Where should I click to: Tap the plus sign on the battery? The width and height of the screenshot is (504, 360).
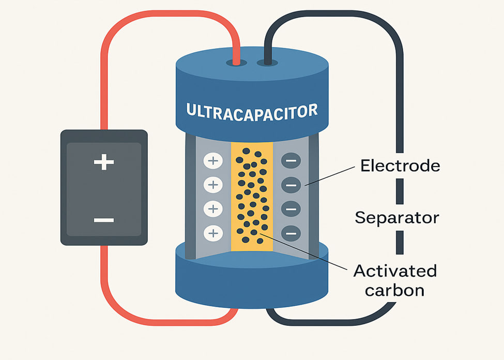click(x=104, y=163)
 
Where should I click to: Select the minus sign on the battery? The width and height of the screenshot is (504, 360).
click(x=104, y=220)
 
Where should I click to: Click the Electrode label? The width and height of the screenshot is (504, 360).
click(x=400, y=166)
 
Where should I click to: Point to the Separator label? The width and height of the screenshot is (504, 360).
click(x=397, y=217)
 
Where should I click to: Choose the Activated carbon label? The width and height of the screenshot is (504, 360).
click(x=395, y=280)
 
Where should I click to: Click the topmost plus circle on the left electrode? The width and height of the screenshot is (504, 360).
click(x=212, y=161)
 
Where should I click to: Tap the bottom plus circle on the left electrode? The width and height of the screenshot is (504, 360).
click(x=212, y=233)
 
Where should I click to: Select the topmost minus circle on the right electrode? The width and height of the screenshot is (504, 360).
click(x=291, y=161)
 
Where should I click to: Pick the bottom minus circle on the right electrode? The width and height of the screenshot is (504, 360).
click(x=291, y=233)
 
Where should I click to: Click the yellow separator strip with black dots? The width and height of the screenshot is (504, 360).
click(x=251, y=197)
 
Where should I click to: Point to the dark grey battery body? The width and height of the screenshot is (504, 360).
click(x=104, y=187)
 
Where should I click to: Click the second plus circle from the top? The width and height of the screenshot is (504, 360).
click(x=212, y=185)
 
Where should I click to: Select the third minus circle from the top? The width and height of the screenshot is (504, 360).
click(x=291, y=209)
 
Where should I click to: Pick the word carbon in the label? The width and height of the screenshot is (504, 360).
click(x=395, y=290)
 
